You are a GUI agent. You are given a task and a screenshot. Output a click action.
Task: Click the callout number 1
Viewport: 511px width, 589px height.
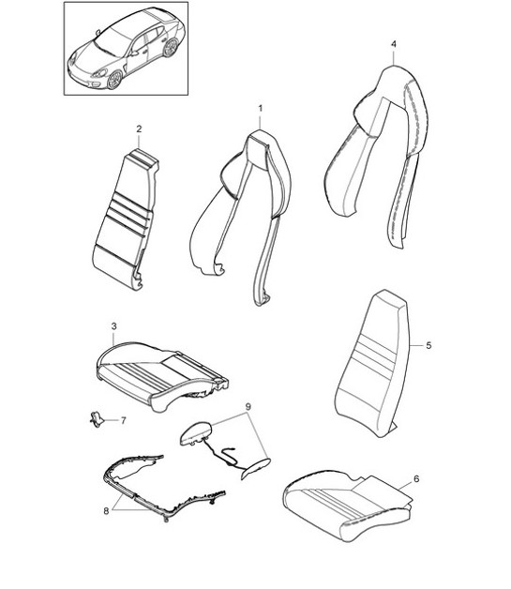tap(261, 109)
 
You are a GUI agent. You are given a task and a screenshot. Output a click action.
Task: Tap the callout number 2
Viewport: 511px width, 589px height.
tap(140, 128)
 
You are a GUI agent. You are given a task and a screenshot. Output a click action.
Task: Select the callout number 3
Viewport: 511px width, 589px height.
tap(114, 326)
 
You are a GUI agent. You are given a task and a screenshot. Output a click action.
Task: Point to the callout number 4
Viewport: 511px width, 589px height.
tap(394, 44)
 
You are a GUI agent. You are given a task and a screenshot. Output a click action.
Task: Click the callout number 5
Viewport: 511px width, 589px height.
tap(428, 345)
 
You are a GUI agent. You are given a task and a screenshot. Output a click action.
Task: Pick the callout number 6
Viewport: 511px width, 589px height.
tap(416, 479)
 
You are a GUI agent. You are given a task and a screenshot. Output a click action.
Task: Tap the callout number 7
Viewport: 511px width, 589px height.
tap(123, 420)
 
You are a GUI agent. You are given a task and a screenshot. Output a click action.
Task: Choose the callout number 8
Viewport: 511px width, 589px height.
tap(106, 511)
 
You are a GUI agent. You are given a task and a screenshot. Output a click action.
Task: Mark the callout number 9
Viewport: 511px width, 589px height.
tap(248, 406)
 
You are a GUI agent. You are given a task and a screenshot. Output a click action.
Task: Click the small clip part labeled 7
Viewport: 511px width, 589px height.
tap(97, 419)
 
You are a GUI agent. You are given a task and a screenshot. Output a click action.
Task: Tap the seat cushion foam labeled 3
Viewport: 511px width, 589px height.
tap(161, 376)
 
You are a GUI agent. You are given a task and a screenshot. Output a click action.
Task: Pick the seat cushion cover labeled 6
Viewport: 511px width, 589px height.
tap(347, 504)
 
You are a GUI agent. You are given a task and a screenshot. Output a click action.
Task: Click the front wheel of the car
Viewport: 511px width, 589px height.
tap(114, 80)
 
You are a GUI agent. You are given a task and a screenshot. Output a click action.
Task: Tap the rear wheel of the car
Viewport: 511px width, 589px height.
tap(171, 48)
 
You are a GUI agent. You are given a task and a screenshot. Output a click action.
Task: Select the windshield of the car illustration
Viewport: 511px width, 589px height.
tap(113, 40)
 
